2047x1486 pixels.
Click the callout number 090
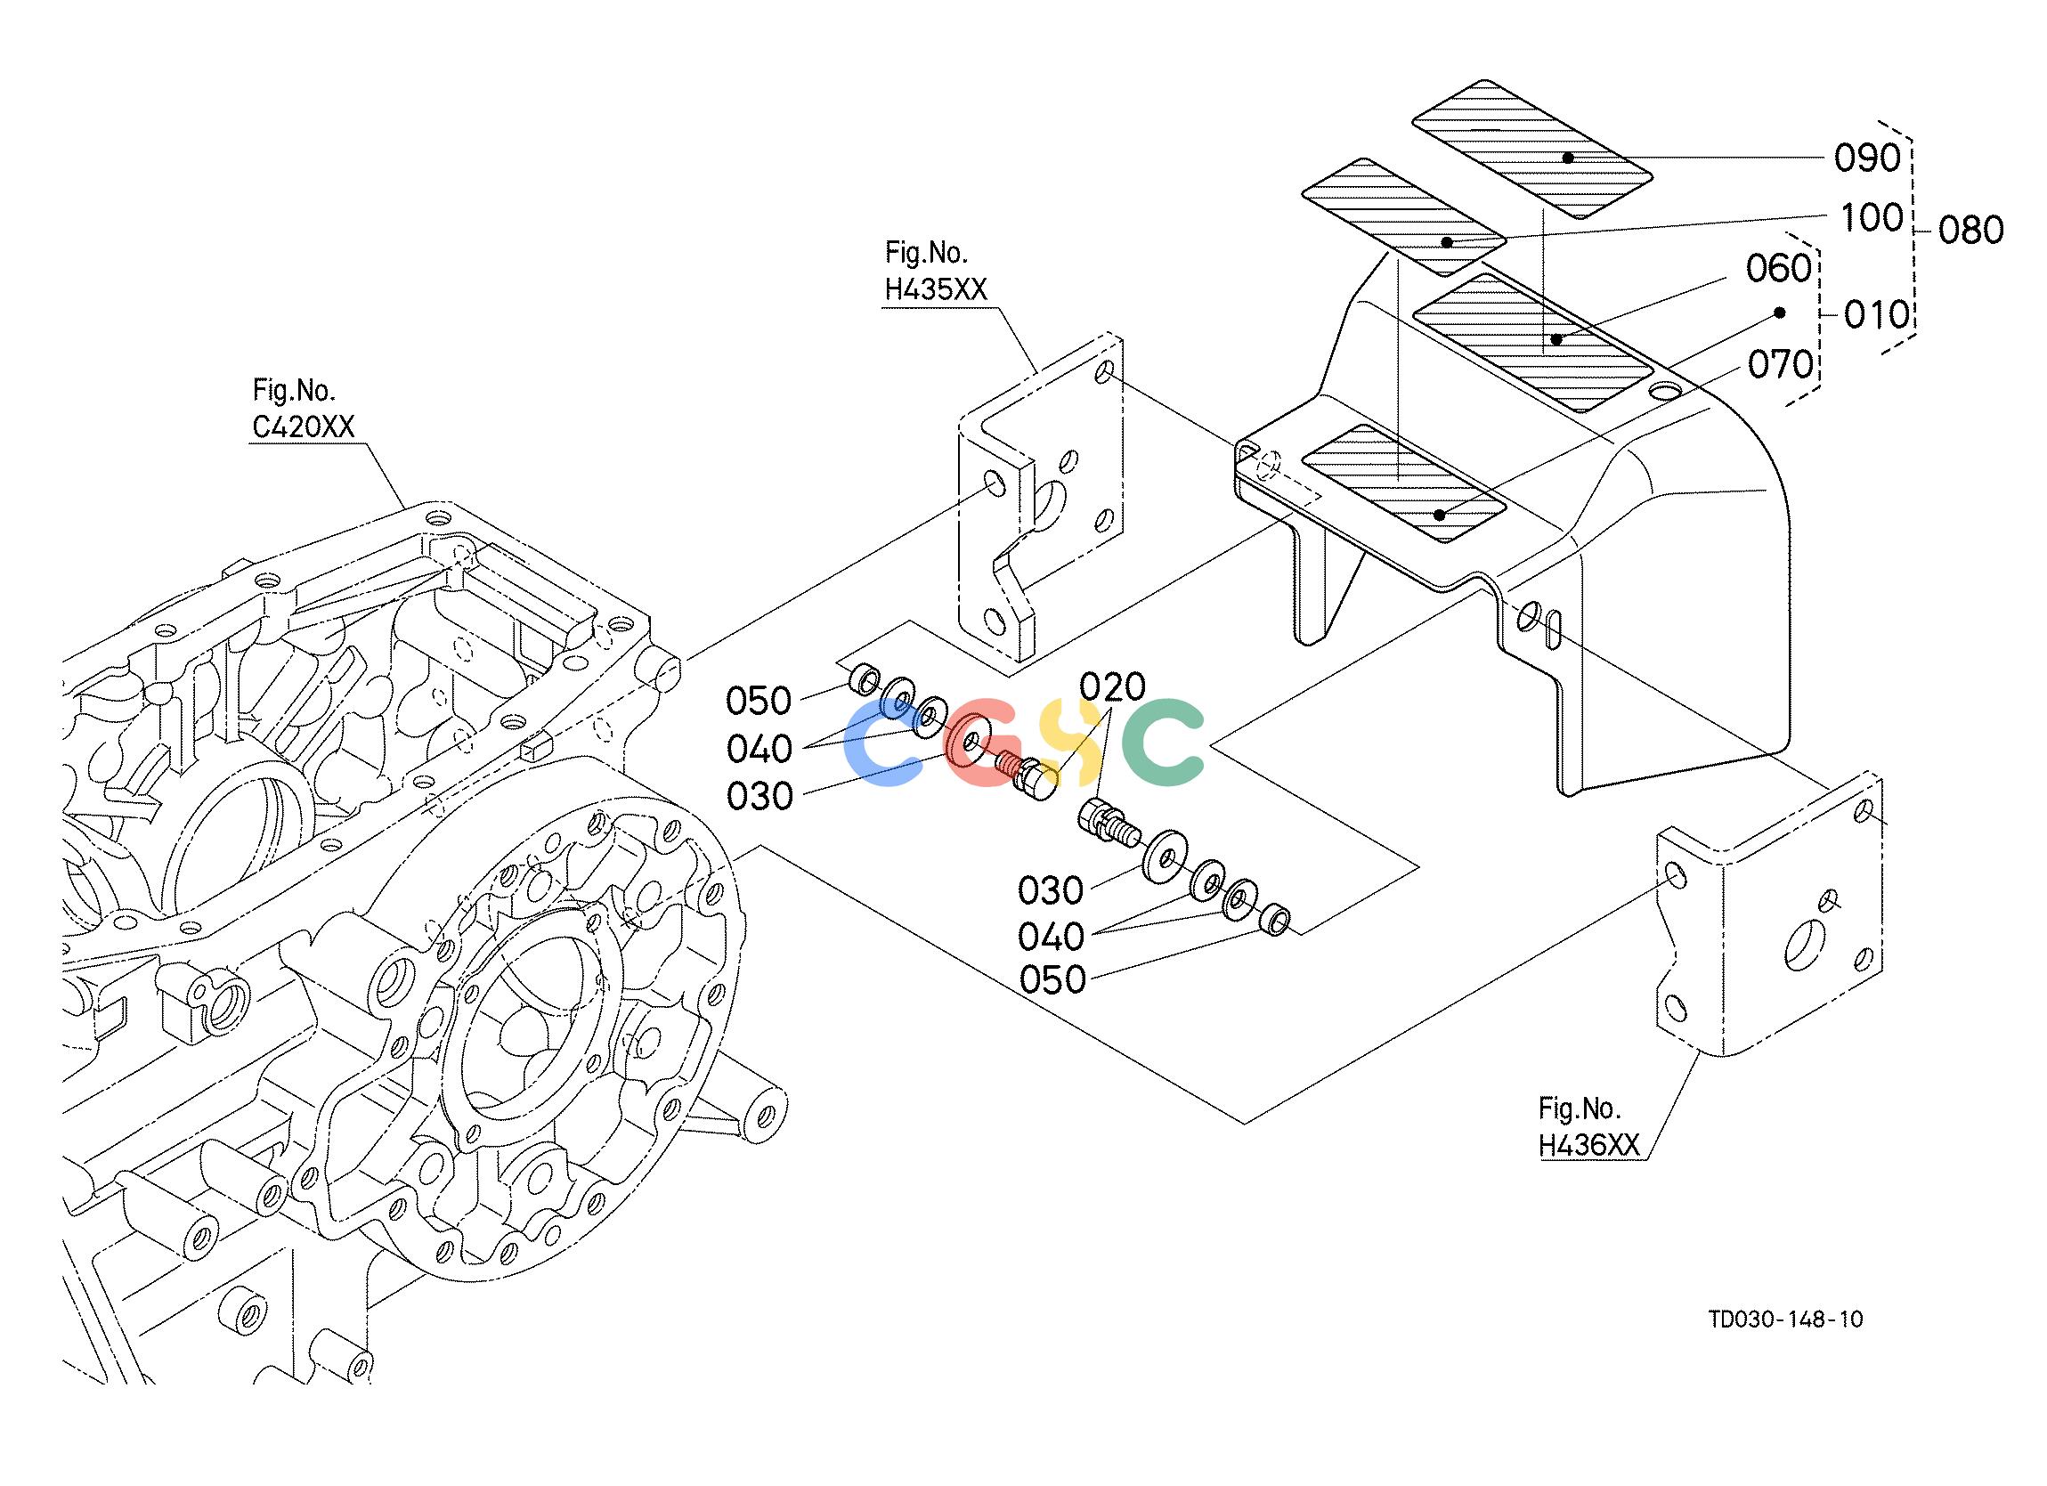coord(1867,158)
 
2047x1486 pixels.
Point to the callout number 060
coord(1779,269)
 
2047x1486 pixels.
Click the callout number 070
coord(1781,365)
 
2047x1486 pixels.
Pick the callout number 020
coord(1113,687)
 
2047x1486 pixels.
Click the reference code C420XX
coord(305,426)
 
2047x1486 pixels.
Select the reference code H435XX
coord(937,289)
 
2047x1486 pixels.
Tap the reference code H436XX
coord(1589,1146)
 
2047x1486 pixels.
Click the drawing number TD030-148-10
coord(1785,1319)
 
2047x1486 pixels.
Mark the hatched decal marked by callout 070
coord(1404,483)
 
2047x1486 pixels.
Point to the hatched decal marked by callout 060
coord(1532,343)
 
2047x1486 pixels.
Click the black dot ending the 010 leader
coord(1780,313)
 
